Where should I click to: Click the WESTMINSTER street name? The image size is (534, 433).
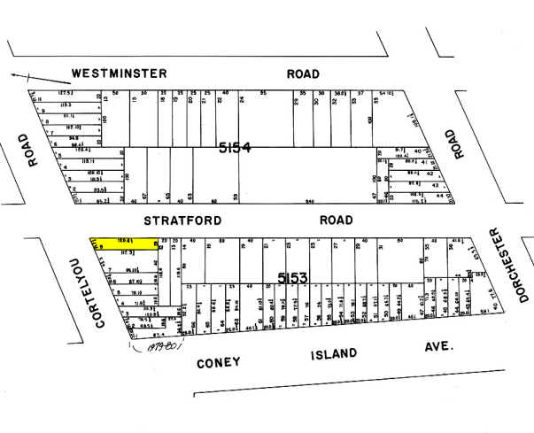coord(115,73)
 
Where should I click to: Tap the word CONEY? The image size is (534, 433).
coord(219,363)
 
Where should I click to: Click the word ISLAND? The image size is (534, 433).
coord(334,354)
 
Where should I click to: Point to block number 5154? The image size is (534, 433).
coord(236,149)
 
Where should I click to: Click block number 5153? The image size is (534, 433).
coord(292,278)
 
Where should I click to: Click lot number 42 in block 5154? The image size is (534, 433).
coord(430,174)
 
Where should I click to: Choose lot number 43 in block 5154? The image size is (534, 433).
coord(434,185)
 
